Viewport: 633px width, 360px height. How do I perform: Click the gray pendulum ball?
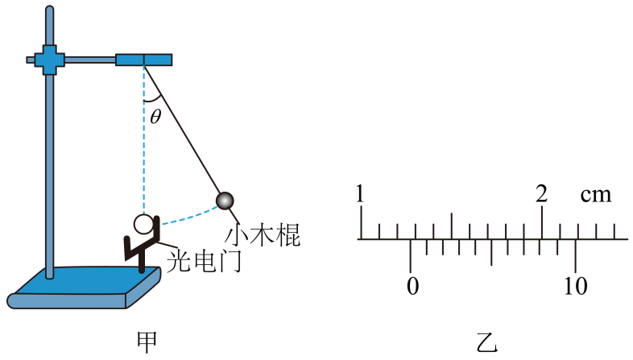tap(225, 201)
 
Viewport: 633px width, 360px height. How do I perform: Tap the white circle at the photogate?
tap(143, 224)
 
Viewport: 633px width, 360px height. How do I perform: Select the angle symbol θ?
tap(155, 117)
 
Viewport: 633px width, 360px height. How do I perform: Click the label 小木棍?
tap(263, 235)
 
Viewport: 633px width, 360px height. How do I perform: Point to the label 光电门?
tap(204, 262)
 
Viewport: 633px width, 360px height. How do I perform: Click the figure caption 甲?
tap(147, 342)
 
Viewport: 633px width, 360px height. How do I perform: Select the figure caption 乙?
tap(487, 343)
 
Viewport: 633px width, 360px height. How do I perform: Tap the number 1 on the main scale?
tap(360, 193)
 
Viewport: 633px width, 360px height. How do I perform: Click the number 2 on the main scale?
tap(542, 193)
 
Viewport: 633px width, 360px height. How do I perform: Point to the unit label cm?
tap(596, 195)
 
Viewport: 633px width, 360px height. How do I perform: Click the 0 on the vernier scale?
tap(412, 286)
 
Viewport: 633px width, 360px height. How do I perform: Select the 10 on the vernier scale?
tap(576, 286)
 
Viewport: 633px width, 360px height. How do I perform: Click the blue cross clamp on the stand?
tap(50, 60)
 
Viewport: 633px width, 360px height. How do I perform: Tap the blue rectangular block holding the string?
tap(144, 60)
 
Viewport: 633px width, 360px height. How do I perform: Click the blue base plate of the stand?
tap(84, 288)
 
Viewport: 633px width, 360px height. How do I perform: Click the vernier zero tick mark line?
tap(411, 256)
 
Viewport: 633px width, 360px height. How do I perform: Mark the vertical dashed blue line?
tap(143, 139)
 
